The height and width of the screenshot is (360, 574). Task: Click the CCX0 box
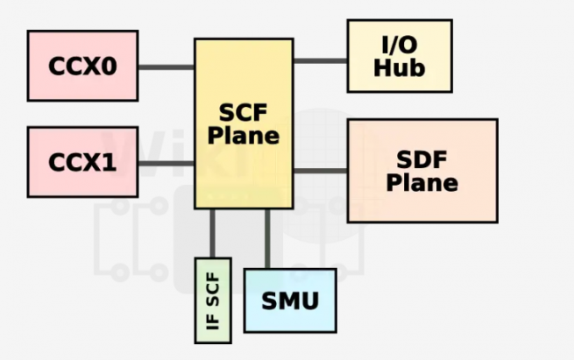(x=82, y=66)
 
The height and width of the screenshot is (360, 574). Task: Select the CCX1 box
(x=82, y=162)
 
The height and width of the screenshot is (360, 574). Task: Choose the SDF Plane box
(x=422, y=170)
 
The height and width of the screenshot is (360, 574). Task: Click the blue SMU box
(x=289, y=300)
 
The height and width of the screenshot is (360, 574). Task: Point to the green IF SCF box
(x=212, y=300)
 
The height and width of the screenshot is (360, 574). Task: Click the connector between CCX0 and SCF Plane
(x=167, y=67)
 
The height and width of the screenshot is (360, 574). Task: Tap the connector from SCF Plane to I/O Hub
(x=320, y=60)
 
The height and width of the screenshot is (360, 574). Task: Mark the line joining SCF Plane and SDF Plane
(x=320, y=169)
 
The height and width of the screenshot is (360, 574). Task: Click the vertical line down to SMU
(x=267, y=238)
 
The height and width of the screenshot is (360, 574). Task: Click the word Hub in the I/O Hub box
(x=400, y=67)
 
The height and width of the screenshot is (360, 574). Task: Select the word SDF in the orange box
(x=422, y=159)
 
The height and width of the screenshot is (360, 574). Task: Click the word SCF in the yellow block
(x=243, y=113)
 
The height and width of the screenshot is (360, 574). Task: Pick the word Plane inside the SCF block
(x=243, y=136)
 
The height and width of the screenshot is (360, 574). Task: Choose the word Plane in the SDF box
(x=422, y=182)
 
